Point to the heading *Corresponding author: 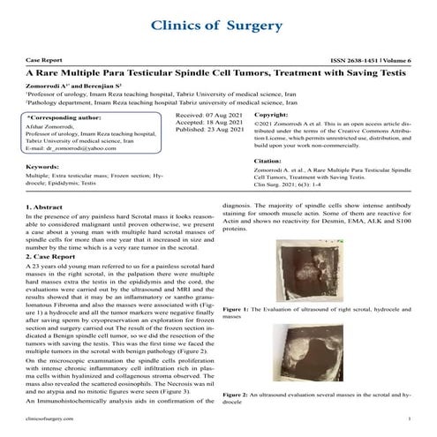[65, 117]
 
